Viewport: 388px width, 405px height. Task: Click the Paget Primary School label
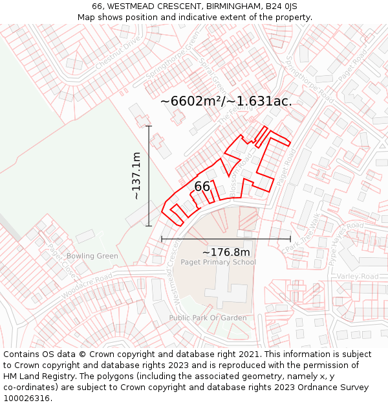coord(218,262)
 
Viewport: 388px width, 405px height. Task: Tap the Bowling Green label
coord(92,256)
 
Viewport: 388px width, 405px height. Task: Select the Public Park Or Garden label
coord(208,318)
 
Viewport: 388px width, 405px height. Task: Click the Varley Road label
coord(357,277)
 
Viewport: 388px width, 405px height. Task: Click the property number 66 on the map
coord(202,187)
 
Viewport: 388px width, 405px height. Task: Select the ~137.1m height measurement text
coord(136,176)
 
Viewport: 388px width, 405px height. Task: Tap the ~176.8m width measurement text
coord(226,252)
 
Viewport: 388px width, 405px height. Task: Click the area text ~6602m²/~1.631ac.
coord(226,101)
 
